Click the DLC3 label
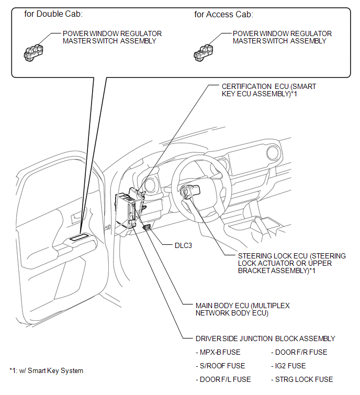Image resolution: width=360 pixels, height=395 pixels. [x=183, y=245]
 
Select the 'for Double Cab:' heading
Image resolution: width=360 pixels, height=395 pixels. [x=54, y=14]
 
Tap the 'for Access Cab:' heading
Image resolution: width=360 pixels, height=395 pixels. [x=223, y=14]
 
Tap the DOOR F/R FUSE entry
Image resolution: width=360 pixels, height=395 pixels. [x=299, y=352]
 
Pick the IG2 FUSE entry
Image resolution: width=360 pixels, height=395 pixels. [x=288, y=366]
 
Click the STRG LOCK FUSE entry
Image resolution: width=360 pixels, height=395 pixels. [x=302, y=379]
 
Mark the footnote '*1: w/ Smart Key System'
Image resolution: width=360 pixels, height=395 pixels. [x=46, y=371]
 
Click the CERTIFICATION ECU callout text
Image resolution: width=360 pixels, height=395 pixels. [x=268, y=90]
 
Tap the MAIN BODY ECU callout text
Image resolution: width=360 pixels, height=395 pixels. [x=242, y=309]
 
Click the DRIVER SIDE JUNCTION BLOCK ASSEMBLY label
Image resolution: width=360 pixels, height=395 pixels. [x=265, y=338]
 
